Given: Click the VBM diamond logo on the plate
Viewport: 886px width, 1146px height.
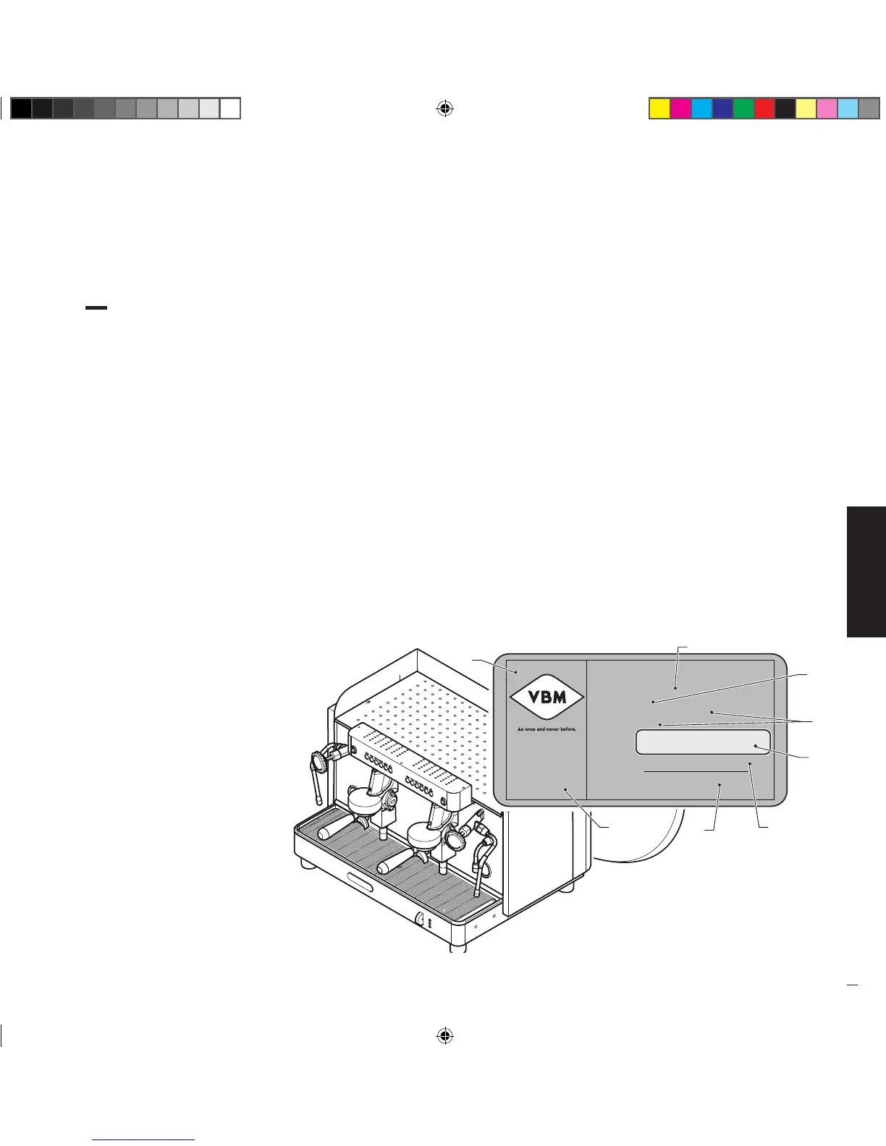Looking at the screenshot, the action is (x=547, y=698).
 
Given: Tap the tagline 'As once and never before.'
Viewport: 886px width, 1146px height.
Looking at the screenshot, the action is (x=547, y=729).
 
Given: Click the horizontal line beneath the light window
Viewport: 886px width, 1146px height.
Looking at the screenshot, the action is (x=695, y=772).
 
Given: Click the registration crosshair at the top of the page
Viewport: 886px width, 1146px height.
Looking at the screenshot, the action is (x=444, y=109).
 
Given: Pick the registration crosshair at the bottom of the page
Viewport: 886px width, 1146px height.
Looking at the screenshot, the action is (x=444, y=1035).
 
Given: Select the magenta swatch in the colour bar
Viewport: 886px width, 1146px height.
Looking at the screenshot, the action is (x=680, y=109).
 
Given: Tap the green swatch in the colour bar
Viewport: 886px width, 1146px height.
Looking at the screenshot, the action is (x=743, y=109).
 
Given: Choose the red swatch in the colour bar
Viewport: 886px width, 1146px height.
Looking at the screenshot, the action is (x=764, y=109).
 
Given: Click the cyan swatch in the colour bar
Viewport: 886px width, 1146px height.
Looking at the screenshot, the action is (x=701, y=109).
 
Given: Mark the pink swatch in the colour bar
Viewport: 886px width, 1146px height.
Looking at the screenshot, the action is (x=827, y=109).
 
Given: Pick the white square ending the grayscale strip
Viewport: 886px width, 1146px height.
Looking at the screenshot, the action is (x=230, y=109).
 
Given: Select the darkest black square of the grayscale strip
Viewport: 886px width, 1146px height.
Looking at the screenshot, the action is (x=21, y=109).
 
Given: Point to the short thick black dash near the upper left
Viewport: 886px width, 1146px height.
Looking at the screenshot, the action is (x=96, y=307).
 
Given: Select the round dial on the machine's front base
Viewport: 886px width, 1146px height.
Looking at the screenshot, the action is (x=419, y=919).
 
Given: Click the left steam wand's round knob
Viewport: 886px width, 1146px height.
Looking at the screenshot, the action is (x=318, y=761).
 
